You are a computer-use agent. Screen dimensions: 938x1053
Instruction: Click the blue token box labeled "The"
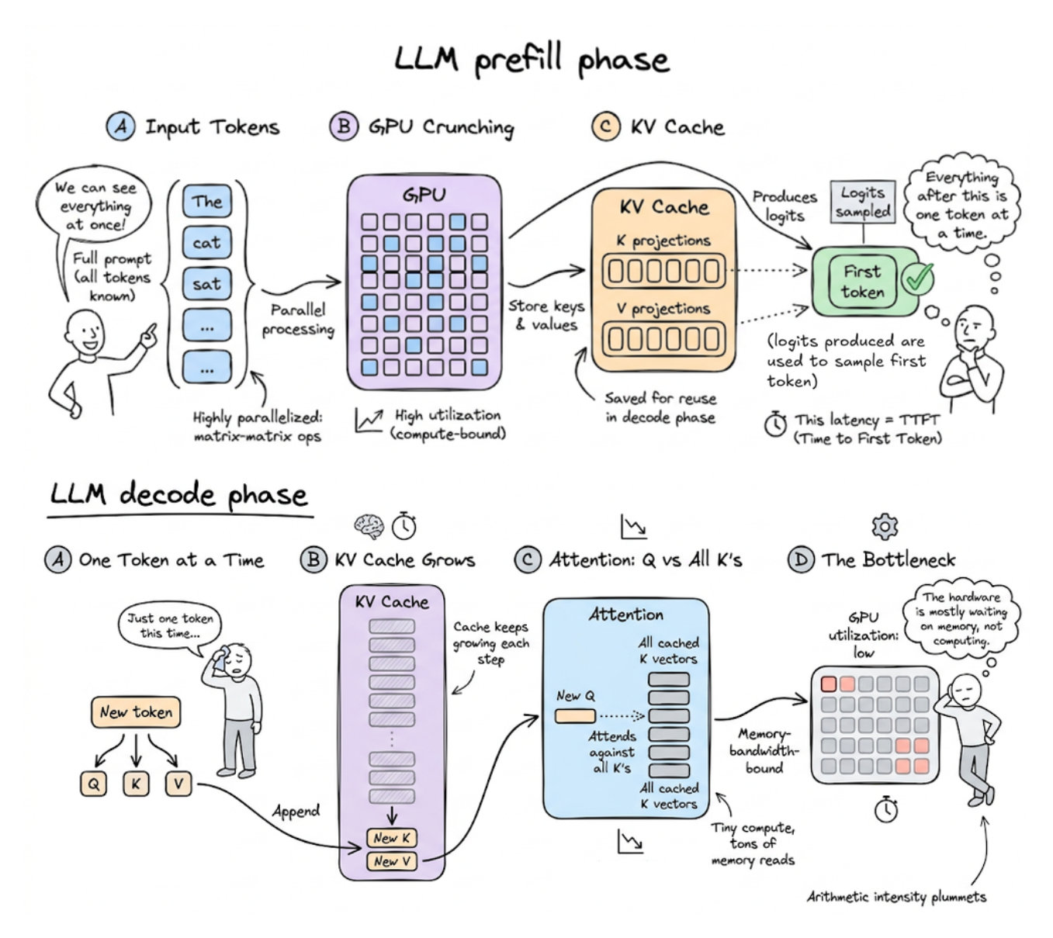pos(207,202)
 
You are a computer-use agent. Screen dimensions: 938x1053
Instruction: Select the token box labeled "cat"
pos(207,243)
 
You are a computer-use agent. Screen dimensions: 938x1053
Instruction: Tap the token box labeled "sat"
pos(207,284)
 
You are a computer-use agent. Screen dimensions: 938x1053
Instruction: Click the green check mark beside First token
pos(918,279)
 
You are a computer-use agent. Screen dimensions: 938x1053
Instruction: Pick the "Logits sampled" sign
pos(863,202)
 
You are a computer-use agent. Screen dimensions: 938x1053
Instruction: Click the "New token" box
pos(136,712)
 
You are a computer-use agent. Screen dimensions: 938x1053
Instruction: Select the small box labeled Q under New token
pos(93,784)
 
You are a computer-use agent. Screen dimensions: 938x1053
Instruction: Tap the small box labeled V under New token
pos(178,784)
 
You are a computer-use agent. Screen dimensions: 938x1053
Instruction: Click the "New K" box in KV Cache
pos(391,838)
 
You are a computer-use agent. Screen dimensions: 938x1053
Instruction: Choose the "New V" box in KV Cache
pos(391,861)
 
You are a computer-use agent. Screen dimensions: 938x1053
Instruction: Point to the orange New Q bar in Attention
pos(575,716)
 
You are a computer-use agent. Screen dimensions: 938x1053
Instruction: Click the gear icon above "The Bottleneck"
pos(885,527)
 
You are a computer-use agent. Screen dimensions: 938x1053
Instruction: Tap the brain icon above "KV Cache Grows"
pos(369,526)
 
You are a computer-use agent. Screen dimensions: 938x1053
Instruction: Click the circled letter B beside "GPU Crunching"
pos(343,126)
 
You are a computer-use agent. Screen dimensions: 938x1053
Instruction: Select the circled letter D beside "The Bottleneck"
pos(801,559)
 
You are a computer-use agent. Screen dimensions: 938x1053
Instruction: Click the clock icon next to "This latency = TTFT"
pos(775,424)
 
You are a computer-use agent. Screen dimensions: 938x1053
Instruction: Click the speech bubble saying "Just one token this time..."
pos(170,625)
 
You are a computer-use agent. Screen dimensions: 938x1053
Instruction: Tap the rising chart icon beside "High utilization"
pos(369,421)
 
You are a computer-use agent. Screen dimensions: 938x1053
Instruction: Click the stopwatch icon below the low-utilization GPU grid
pos(885,809)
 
